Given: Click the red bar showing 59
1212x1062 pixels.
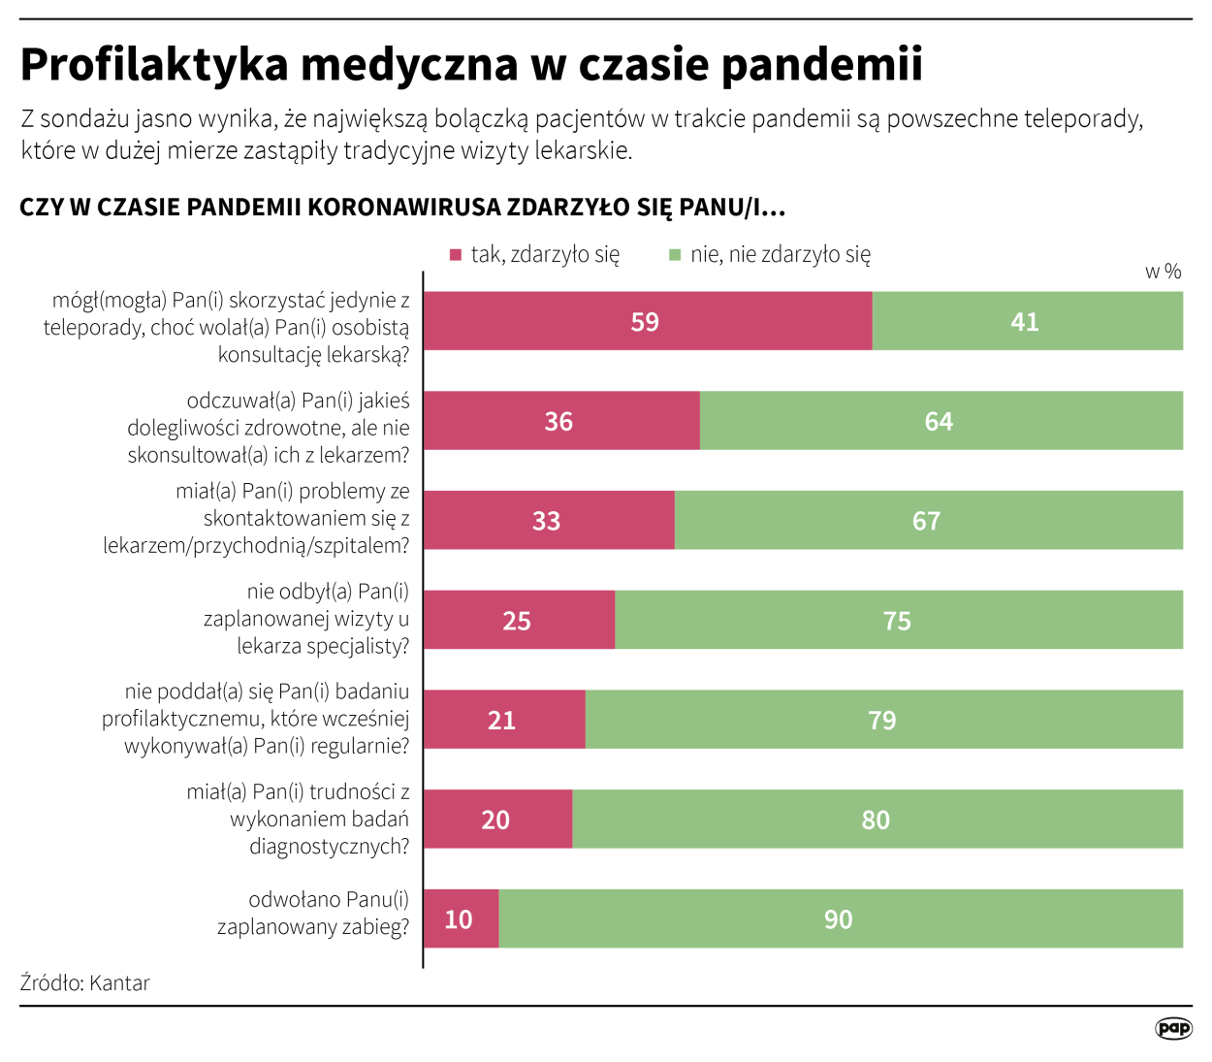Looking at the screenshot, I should point(648,321).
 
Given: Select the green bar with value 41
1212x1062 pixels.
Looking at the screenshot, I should point(1027,321).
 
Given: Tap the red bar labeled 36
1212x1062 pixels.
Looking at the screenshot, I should point(561,421).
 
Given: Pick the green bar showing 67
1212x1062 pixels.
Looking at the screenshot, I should point(928,521).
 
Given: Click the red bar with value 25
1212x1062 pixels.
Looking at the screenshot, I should point(519,621).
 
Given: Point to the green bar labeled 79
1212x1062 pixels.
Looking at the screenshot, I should point(883,720).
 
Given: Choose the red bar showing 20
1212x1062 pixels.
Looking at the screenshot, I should point(497,820).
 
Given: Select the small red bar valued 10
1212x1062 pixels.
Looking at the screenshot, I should point(461,919).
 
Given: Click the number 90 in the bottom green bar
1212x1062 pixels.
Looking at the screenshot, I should point(839,919).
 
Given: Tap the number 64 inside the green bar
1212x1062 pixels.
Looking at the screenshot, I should point(939,422).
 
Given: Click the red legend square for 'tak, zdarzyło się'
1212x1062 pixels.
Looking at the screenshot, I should point(456,255).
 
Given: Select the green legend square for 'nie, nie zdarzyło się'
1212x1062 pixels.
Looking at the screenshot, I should point(675,255).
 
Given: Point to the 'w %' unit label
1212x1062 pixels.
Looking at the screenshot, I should point(1163,272).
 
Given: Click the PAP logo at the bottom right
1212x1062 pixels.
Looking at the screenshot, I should point(1173,1028).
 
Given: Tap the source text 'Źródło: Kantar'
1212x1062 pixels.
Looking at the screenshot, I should point(85,982).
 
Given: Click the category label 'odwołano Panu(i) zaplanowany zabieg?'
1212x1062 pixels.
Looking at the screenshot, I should point(313,913).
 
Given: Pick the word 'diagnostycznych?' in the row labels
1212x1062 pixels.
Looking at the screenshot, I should point(329,847).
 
